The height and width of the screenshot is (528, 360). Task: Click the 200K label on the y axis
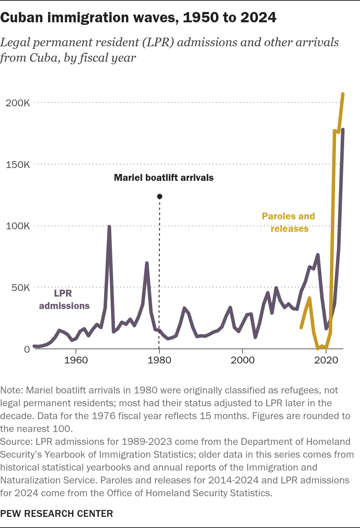point(18,103)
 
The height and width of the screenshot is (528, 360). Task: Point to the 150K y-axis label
point(18,165)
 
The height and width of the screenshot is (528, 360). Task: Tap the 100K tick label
point(18,226)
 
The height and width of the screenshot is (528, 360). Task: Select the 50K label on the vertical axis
point(21,288)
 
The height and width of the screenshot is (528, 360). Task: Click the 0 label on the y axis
point(27,349)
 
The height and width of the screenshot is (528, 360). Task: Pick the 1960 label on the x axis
point(76,360)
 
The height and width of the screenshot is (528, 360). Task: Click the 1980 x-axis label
point(159,360)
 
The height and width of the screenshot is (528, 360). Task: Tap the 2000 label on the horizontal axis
point(243,360)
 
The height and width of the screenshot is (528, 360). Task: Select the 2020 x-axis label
point(326,360)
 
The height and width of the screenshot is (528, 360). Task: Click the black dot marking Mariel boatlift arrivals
point(159,196)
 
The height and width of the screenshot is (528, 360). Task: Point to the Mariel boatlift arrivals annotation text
point(164,178)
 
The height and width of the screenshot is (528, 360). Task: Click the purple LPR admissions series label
point(64,299)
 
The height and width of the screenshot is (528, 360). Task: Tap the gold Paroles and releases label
point(288,222)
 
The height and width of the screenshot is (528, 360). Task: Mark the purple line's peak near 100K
point(109,227)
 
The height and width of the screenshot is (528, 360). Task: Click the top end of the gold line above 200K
point(343,94)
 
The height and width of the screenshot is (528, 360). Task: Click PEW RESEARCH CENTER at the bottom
point(57,513)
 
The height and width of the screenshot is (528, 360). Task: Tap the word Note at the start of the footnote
point(11,390)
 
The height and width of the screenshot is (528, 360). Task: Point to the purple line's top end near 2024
point(343,129)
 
